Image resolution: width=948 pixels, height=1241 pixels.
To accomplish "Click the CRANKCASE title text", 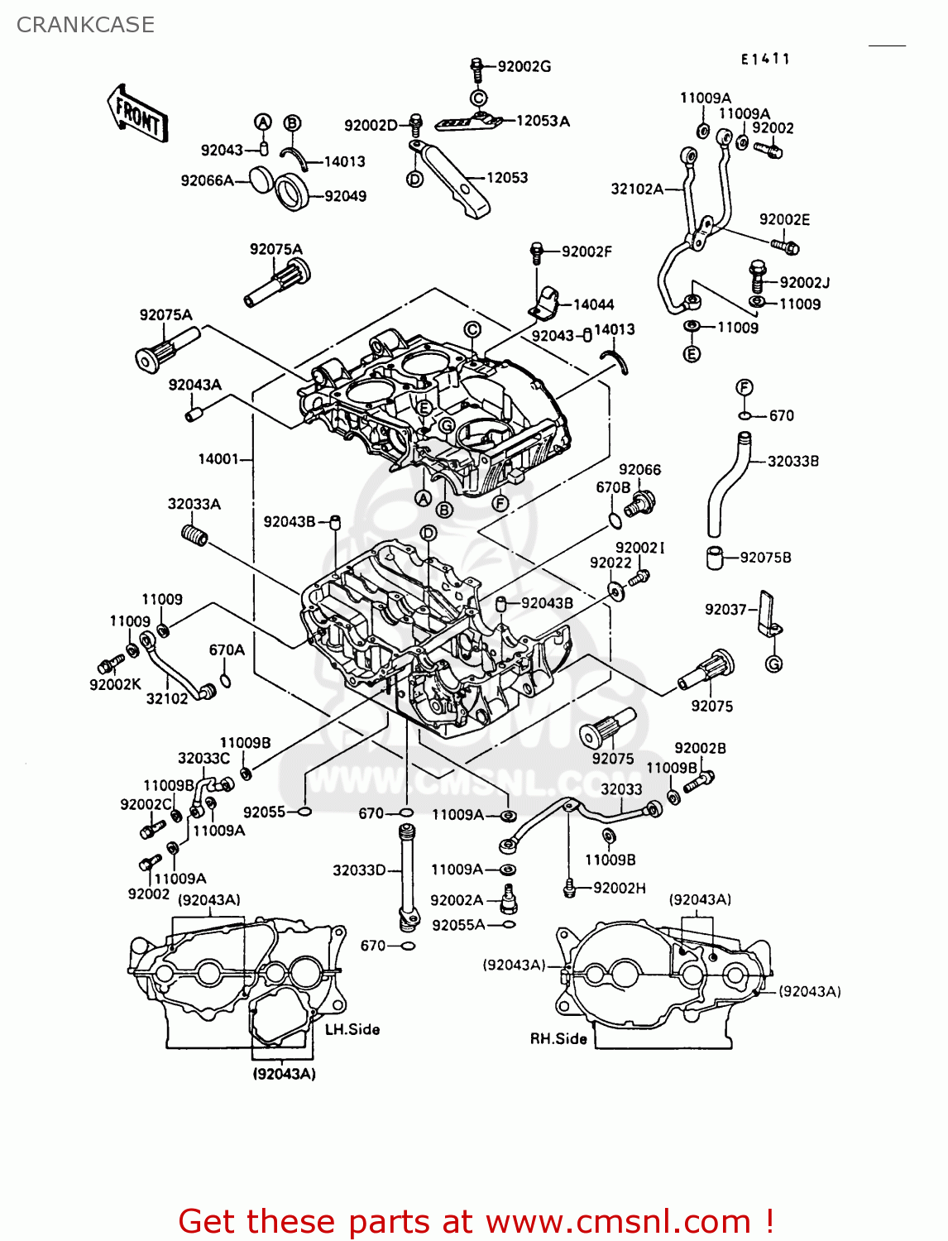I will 85,25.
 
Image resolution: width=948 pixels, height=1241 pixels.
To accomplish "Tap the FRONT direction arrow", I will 137,113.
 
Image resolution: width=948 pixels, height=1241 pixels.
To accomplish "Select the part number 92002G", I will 524,66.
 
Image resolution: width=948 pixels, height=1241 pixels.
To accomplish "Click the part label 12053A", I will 543,121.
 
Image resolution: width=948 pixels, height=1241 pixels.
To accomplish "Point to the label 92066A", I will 207,180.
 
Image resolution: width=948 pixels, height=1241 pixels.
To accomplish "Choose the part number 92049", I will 345,196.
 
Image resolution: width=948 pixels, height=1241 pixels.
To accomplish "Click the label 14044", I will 593,304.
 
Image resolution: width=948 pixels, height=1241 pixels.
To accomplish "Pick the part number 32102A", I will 637,189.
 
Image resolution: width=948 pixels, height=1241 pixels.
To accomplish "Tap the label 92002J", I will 804,282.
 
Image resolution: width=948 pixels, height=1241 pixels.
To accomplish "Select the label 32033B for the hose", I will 792,461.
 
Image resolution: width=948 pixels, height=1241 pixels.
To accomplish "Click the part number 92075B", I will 765,558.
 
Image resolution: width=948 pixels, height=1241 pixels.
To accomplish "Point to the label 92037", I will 725,610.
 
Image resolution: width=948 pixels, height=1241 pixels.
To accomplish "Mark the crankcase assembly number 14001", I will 218,458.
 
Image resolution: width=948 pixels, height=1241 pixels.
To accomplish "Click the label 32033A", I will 194,504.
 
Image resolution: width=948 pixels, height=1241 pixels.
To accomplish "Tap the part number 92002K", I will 115,684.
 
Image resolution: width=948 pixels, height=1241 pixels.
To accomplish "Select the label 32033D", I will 359,870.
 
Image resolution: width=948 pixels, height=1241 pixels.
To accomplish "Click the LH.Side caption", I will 352,1029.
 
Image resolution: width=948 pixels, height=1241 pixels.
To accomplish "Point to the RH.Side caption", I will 558,1038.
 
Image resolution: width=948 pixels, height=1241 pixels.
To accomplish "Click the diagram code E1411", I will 765,59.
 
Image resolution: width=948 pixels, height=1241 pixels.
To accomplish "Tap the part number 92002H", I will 619,888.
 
